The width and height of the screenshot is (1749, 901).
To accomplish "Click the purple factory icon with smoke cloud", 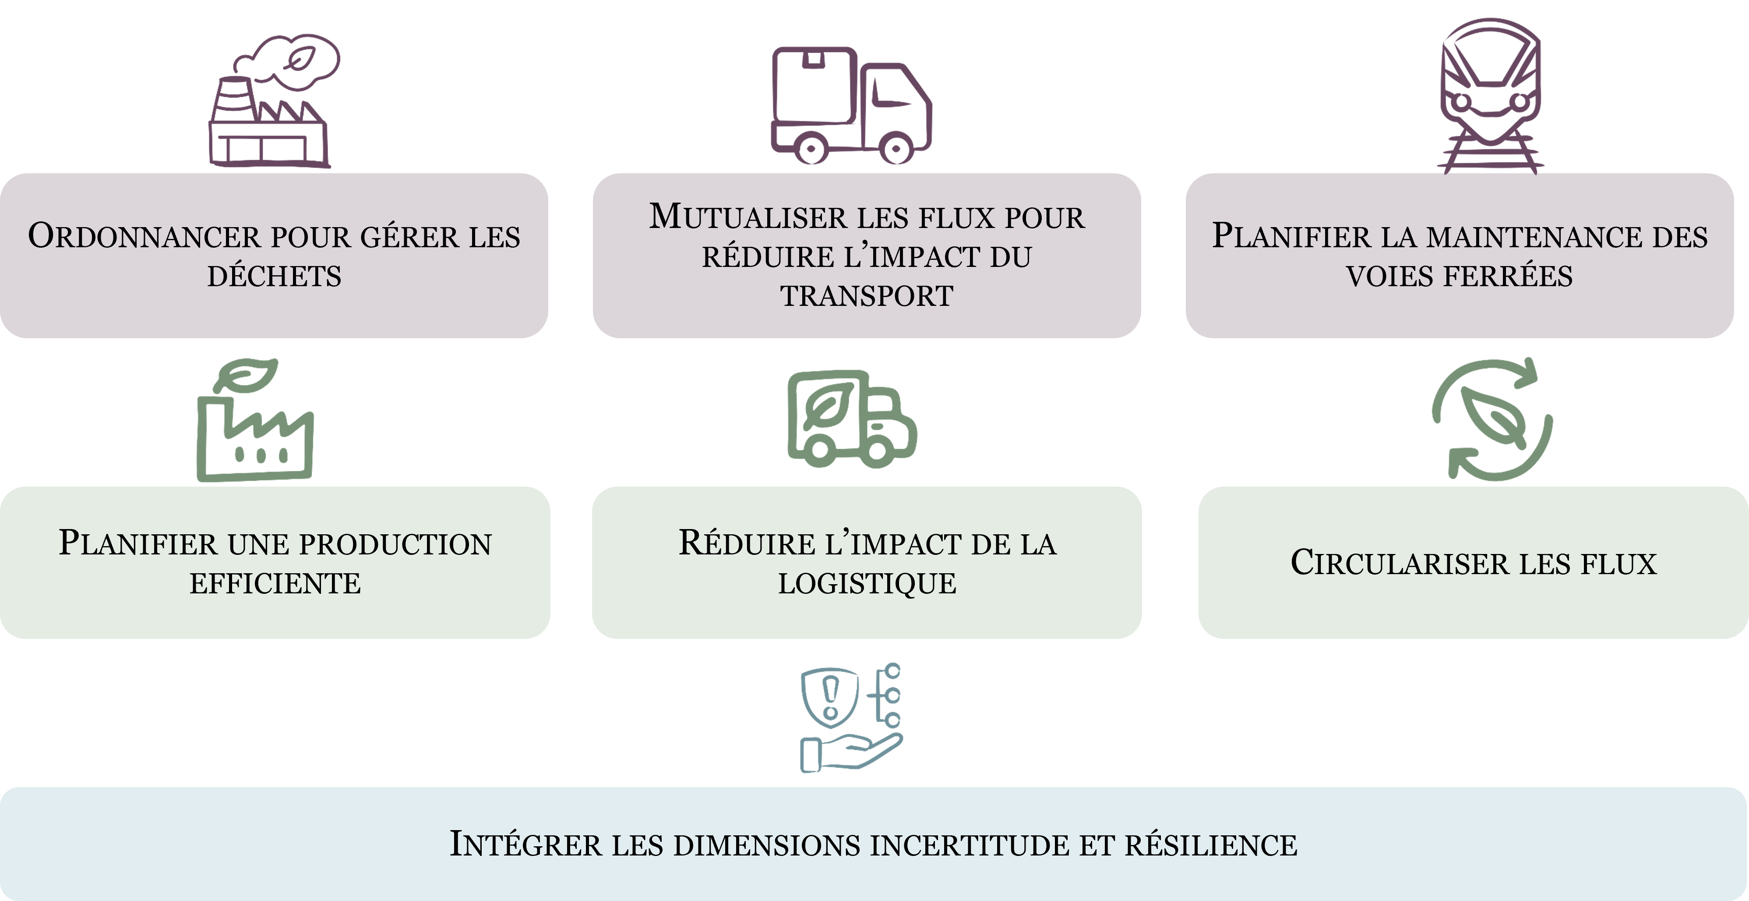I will coord(272,102).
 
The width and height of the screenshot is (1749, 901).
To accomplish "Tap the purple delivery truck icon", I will coord(851,105).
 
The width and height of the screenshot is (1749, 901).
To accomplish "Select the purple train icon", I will coord(1490,95).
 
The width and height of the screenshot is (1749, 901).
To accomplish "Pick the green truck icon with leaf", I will coord(851,419).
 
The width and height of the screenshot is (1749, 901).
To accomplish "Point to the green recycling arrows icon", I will coord(1492,419).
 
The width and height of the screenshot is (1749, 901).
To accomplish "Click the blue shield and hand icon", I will coord(851,718).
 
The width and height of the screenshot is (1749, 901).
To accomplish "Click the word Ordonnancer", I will coord(144,237).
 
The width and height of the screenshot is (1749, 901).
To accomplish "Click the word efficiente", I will coord(275,583).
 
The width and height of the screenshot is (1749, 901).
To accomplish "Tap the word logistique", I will coord(867,583).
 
